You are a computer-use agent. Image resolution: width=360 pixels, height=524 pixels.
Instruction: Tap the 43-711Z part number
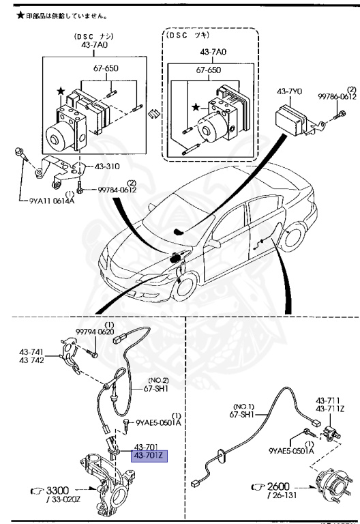pos(329,409)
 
